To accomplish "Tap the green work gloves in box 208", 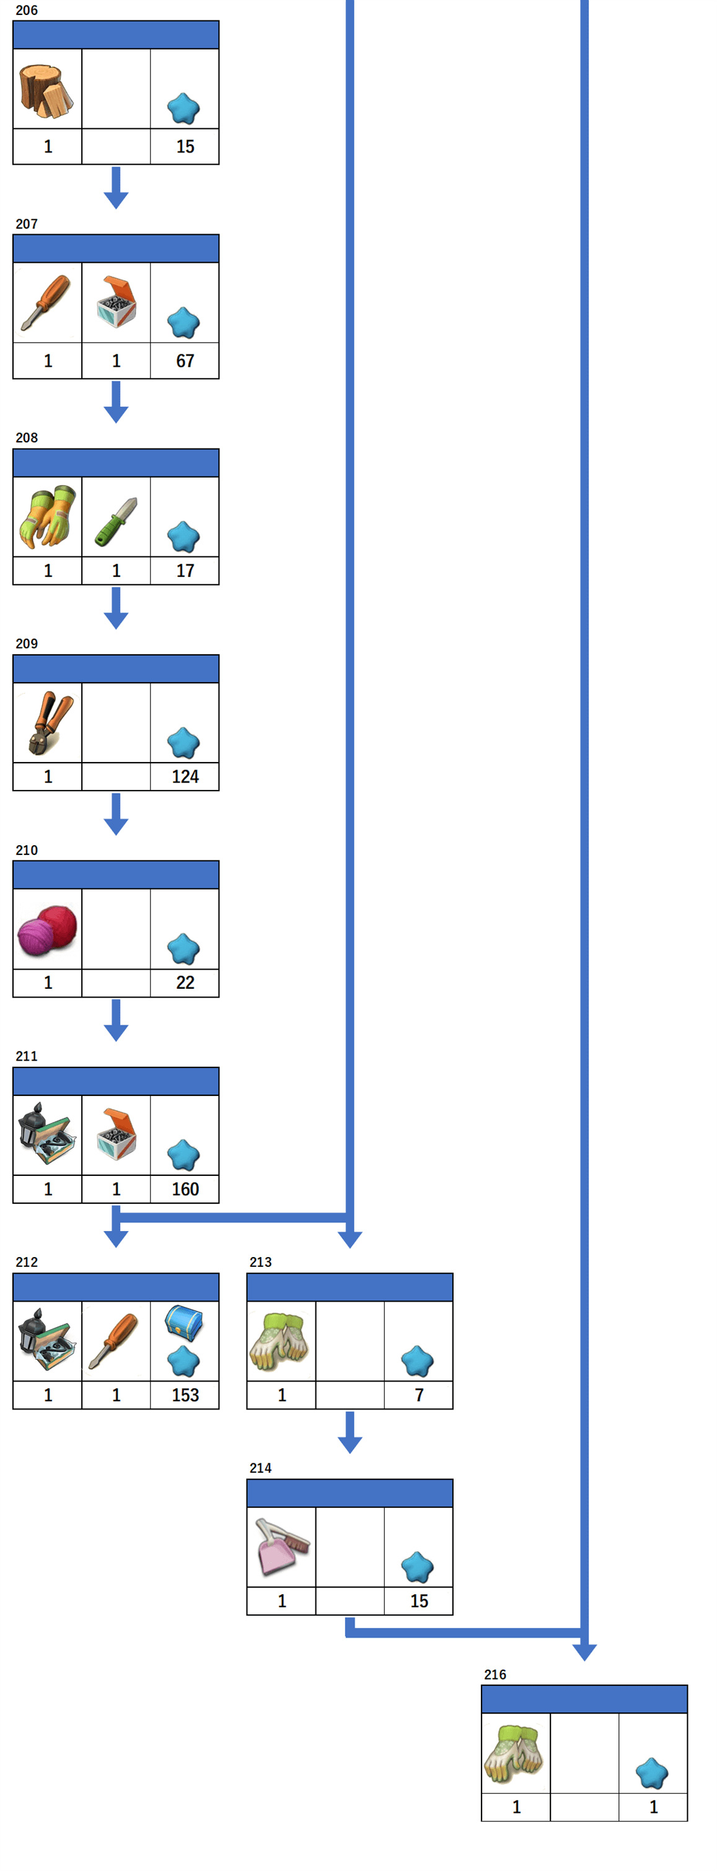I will click(47, 517).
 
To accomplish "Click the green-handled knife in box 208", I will click(117, 522).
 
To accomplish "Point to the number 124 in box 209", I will click(185, 776).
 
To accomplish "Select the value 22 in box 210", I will click(185, 983).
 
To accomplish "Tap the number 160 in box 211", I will click(185, 1189).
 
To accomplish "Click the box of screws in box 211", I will click(117, 1133).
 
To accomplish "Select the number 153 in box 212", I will click(185, 1395).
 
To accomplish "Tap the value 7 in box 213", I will click(419, 1395).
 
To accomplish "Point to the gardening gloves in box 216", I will click(514, 1753).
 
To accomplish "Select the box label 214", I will click(260, 1468).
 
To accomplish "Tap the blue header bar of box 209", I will click(117, 669).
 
